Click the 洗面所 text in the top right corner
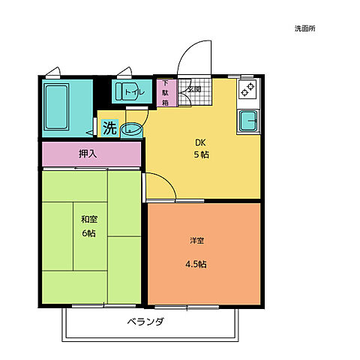pos(304,28)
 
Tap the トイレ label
pos(135,92)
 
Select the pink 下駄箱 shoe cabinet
pos(166,93)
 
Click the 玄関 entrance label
pos(195,89)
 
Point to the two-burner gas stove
pos(247,89)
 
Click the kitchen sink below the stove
pos(248,121)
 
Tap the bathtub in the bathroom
pos(56,106)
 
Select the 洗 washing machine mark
pos(110,127)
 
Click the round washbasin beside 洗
pos(131,130)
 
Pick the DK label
pos(200,142)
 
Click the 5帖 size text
pos(202,154)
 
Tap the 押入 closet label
pos(88,154)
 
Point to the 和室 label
pos(89,220)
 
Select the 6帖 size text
pos(89,233)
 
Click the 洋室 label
pos(197,241)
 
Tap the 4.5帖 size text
pos(196,264)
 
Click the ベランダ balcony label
pos(145,321)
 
